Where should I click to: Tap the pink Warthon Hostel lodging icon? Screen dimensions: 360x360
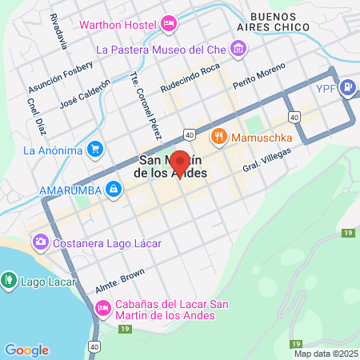click(x=168, y=24)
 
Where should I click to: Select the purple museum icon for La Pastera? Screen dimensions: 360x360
click(x=238, y=50)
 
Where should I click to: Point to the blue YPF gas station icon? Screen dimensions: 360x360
click(x=349, y=87)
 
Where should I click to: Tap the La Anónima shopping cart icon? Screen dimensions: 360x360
click(x=96, y=149)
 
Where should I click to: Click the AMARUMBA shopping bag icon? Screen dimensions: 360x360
click(x=114, y=189)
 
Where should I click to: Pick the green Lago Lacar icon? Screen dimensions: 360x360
click(x=9, y=280)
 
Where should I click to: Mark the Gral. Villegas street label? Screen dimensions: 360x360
click(x=264, y=159)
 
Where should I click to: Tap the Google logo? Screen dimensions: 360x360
click(x=26, y=350)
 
